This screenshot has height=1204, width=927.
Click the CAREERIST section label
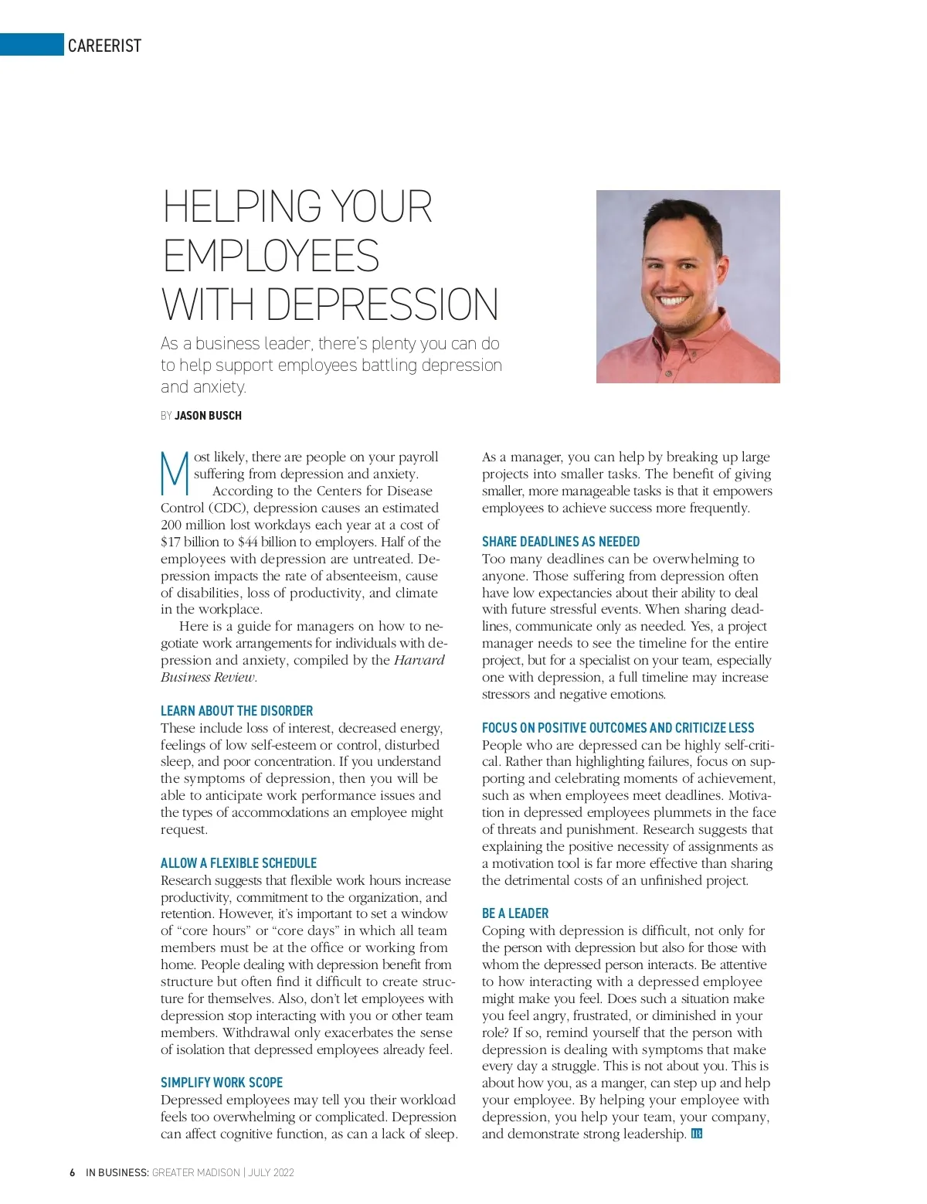pyautogui.click(x=104, y=46)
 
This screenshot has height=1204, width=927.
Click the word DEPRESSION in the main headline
pyautogui.click(x=382, y=304)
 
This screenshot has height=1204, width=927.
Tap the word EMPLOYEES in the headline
pyautogui.click(x=270, y=256)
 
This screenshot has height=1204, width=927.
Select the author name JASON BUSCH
pyautogui.click(x=208, y=416)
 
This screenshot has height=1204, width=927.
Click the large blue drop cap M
pyautogui.click(x=175, y=472)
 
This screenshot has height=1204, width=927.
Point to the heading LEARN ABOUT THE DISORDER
pyautogui.click(x=236, y=711)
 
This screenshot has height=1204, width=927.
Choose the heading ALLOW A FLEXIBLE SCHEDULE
pyautogui.click(x=238, y=863)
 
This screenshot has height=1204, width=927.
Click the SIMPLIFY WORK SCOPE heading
pyautogui.click(x=221, y=1083)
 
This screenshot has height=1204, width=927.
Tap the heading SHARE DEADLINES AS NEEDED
pyautogui.click(x=560, y=542)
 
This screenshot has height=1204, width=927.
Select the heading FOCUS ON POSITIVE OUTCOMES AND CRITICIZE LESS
pyautogui.click(x=617, y=728)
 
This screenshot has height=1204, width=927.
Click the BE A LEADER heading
pyautogui.click(x=514, y=913)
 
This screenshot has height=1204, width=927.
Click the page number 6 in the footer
pyautogui.click(x=72, y=1172)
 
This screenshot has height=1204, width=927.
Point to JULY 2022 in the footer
pyautogui.click(x=271, y=1172)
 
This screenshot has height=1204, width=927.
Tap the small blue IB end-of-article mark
pyautogui.click(x=696, y=1134)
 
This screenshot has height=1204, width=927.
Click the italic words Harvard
pyautogui.click(x=419, y=660)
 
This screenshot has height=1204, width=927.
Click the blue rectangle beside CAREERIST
pyautogui.click(x=32, y=45)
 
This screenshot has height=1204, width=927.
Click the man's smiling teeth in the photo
pyautogui.click(x=671, y=301)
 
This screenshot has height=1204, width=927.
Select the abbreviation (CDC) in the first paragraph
pyautogui.click(x=225, y=508)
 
